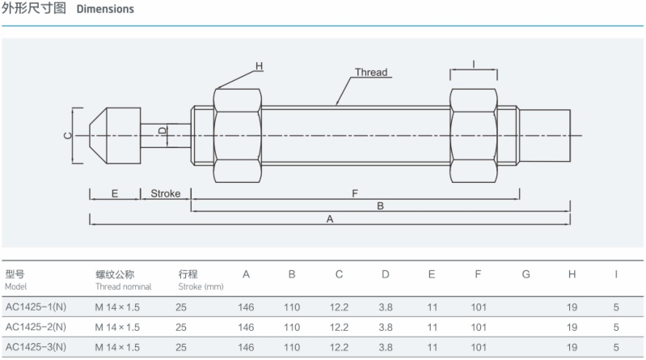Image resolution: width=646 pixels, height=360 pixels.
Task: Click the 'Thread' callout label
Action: tap(371, 72)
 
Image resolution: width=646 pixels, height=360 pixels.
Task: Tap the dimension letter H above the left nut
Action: tap(260, 66)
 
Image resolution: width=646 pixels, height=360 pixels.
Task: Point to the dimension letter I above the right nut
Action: tap(473, 63)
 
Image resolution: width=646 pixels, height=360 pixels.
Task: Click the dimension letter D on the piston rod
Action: tap(162, 130)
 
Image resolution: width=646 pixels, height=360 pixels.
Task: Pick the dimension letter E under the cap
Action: tap(114, 194)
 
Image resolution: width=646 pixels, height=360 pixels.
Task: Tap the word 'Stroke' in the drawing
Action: tap(166, 194)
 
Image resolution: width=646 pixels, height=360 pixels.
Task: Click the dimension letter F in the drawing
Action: tap(355, 193)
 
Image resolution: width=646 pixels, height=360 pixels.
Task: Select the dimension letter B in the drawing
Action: tap(380, 206)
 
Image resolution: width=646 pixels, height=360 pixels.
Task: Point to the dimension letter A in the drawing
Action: tap(329, 219)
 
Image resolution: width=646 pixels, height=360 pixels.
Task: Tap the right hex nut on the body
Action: tap(473, 135)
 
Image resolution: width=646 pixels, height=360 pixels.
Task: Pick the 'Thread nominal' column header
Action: tap(123, 286)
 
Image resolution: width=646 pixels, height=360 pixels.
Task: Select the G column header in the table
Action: tap(526, 274)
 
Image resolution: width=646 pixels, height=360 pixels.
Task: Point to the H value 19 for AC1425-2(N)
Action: tap(572, 327)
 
